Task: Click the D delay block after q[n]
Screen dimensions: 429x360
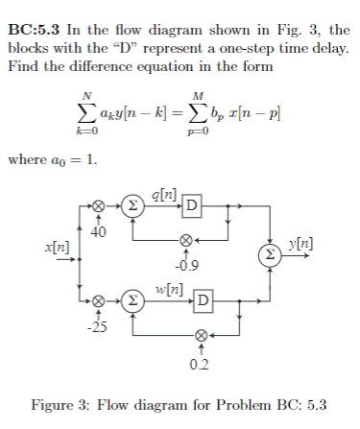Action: pos(192,206)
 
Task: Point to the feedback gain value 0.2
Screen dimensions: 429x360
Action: pos(200,363)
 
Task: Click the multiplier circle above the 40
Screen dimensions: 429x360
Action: pos(97,206)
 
